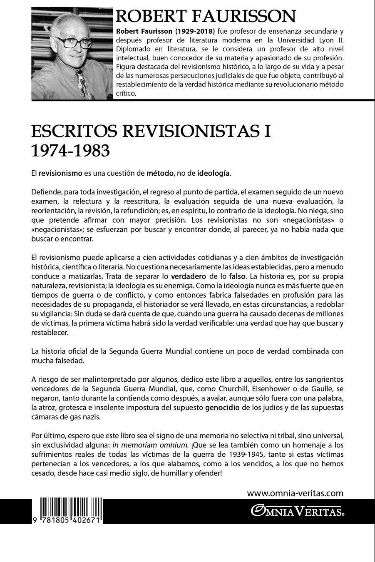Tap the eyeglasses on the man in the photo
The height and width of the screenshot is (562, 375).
(69, 42)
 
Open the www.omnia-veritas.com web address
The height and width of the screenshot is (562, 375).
(295, 493)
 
